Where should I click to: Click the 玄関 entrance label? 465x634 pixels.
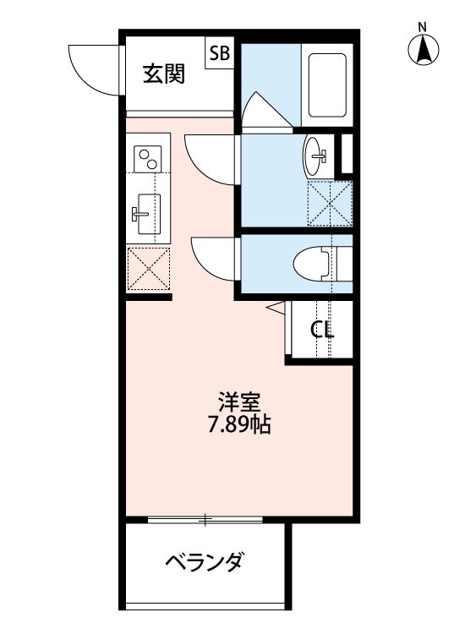click(164, 74)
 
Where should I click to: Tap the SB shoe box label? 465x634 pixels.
click(219, 54)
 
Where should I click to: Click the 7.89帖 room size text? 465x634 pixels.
click(238, 424)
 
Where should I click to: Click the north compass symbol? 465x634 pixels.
click(424, 50)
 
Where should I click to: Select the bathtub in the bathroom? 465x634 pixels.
click(325, 85)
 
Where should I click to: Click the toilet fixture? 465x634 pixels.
click(317, 264)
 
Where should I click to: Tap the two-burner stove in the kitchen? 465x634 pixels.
click(148, 157)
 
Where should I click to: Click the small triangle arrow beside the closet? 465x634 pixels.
click(275, 307)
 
